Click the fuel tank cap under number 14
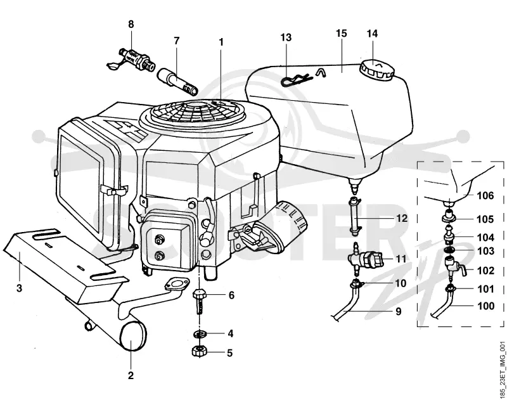(x=376, y=70)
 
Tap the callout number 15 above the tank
(x=341, y=34)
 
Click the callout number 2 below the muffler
(x=131, y=375)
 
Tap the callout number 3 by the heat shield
(x=20, y=288)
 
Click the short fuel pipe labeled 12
(x=355, y=214)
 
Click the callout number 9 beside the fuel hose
(x=399, y=311)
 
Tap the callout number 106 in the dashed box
(x=485, y=195)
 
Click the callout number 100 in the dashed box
(x=485, y=306)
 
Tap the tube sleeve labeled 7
(x=177, y=82)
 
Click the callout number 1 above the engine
(x=221, y=42)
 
